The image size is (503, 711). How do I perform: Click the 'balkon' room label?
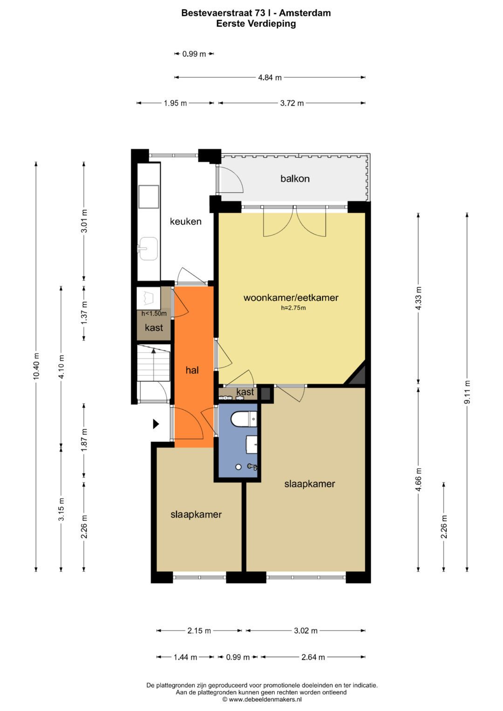[295, 178]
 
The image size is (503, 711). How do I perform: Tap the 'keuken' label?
[185, 222]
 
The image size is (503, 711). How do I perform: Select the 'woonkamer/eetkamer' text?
[291, 298]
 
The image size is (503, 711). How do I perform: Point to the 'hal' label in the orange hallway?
[192, 370]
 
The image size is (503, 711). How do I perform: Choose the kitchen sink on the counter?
[148, 249]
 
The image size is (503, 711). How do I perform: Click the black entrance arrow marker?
[156, 424]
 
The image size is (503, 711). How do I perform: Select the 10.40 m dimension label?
[36, 366]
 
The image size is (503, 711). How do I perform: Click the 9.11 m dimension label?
[467, 392]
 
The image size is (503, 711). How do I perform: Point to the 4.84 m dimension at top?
[270, 78]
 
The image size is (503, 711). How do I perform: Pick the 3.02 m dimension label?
[306, 631]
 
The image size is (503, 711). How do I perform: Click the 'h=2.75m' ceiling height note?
[293, 308]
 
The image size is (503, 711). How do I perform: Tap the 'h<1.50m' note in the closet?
[154, 313]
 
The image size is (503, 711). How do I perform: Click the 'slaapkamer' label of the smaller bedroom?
[196, 515]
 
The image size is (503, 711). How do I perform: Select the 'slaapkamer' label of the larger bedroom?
[309, 484]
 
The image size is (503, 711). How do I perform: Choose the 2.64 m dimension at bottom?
[313, 657]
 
